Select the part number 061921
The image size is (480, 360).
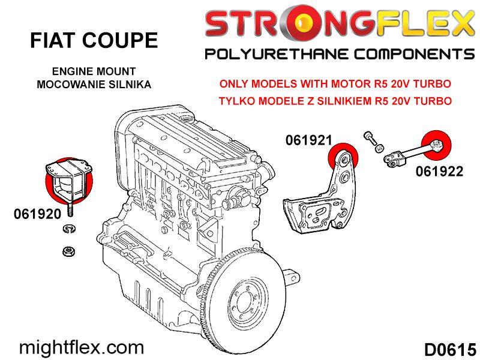click(308, 140)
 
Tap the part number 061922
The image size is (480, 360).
click(439, 172)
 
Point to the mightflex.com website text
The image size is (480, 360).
click(82, 347)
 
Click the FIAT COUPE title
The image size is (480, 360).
click(94, 40)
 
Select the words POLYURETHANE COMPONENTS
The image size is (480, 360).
click(340, 55)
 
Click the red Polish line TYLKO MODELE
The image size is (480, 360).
click(335, 101)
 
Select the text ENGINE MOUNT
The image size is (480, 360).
click(94, 71)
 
